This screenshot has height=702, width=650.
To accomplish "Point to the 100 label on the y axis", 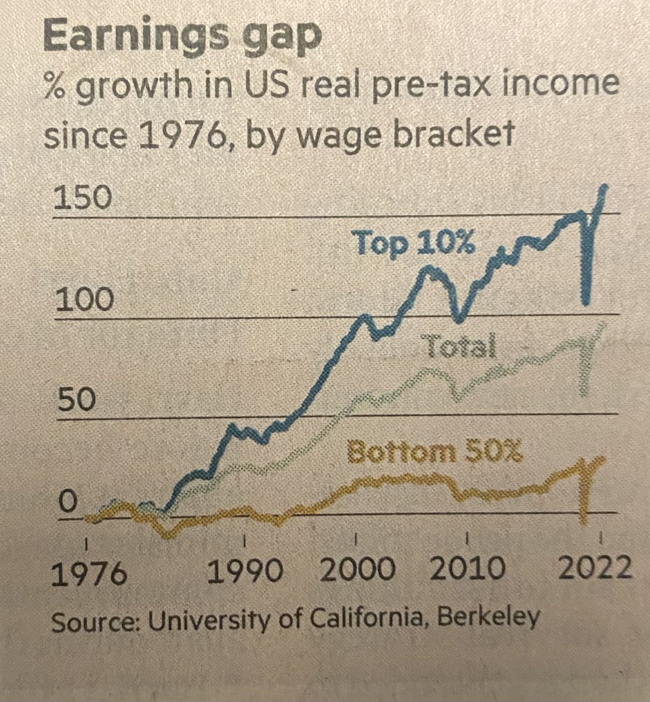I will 81,302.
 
